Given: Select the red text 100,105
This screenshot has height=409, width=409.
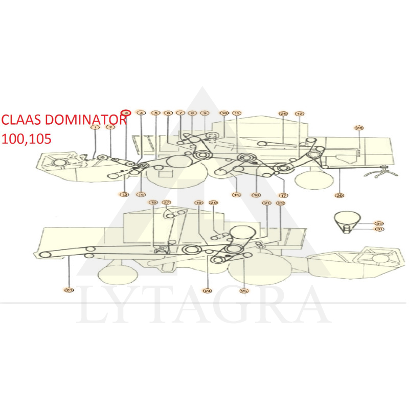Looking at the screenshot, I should pos(27,139).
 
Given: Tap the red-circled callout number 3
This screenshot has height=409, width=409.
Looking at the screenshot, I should pos(126,112).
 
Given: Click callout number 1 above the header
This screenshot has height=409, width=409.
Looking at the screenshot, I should pos(95,127).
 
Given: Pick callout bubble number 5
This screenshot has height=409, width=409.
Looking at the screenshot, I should pos(155,112).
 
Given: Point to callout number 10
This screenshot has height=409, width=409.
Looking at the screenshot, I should pos(223,112).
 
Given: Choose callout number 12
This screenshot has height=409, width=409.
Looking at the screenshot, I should pos(300,113).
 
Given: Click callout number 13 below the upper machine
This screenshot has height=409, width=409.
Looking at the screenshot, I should pos(124,194).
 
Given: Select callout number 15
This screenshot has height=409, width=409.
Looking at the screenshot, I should pos(236,195).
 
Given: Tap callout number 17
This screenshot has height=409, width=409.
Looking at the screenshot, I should pos(283,195).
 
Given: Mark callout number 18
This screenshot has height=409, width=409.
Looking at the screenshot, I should pos(153,203).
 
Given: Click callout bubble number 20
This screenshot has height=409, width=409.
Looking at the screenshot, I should pos(214,203).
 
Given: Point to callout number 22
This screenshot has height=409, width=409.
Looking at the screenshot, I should pos(281,203).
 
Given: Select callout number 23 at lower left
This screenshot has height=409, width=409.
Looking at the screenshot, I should pos(69,290).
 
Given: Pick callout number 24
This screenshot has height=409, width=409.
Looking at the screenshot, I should pos(207,290).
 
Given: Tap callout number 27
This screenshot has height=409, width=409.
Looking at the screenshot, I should pos(167,203).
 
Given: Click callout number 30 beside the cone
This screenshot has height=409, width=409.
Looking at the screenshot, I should pos(378,223).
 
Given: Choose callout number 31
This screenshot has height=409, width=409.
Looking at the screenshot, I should pos(378,230).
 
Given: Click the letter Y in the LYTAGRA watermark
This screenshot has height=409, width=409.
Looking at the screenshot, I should pos(126,306).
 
